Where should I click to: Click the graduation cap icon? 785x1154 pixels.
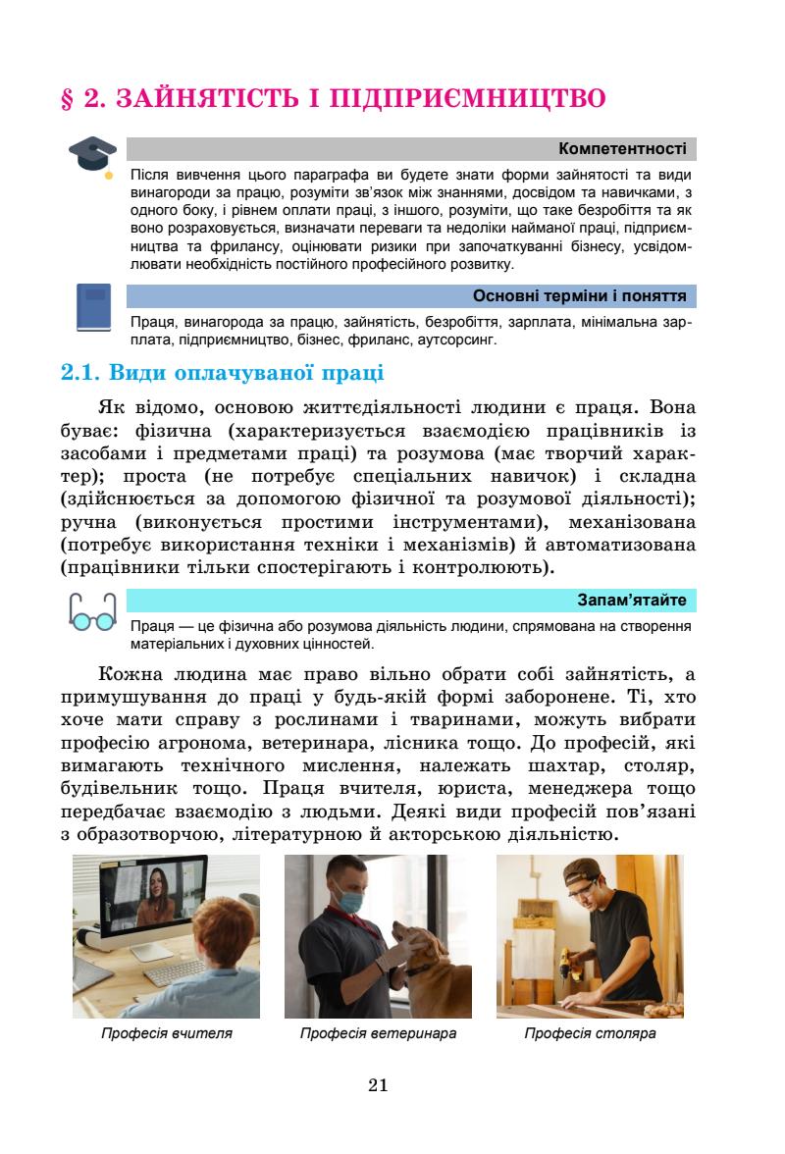point(89,157)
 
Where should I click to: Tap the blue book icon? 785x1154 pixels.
point(93,307)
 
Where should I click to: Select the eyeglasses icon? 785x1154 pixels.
point(93,610)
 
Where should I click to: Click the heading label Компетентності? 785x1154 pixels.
point(622,149)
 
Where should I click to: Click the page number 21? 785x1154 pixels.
point(379,1084)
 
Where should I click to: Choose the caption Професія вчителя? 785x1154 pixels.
point(167,1033)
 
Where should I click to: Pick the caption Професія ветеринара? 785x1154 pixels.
point(378,1033)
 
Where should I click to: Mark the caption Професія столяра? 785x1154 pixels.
point(590,1033)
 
